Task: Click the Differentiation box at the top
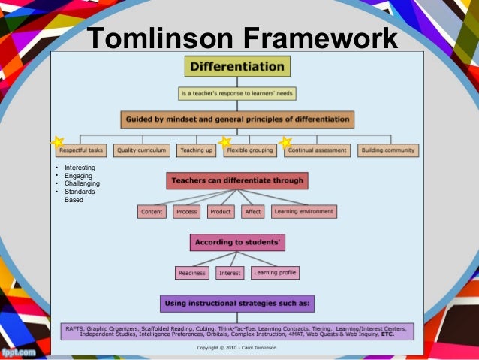pyautogui.click(x=236, y=66)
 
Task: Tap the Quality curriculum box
pyautogui.click(x=143, y=150)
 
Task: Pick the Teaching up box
pyautogui.click(x=196, y=150)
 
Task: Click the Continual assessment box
pyautogui.click(x=317, y=150)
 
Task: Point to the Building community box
pyautogui.click(x=387, y=150)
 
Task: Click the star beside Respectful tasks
pyautogui.click(x=57, y=142)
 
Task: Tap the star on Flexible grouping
pyautogui.click(x=224, y=141)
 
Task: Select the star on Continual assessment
pyautogui.click(x=285, y=141)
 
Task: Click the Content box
pyautogui.click(x=152, y=212)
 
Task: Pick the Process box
pyautogui.click(x=186, y=212)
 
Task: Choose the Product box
pyautogui.click(x=221, y=212)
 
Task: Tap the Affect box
pyautogui.click(x=253, y=212)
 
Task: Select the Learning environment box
pyautogui.click(x=304, y=212)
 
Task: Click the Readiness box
pyautogui.click(x=192, y=273)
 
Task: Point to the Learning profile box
pyautogui.click(x=275, y=272)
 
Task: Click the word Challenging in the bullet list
pyautogui.click(x=82, y=183)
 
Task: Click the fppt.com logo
pyautogui.click(x=19, y=351)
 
